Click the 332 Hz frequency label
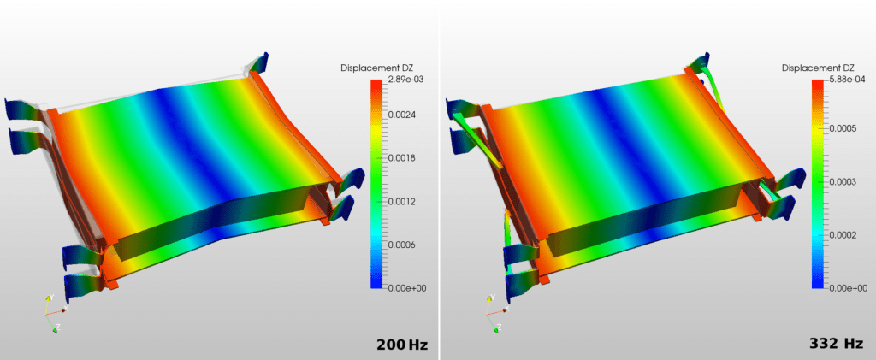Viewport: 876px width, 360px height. (836, 344)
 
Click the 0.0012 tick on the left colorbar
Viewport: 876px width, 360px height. (404, 202)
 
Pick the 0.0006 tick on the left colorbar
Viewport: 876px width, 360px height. (404, 245)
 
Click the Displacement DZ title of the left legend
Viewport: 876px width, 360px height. (376, 68)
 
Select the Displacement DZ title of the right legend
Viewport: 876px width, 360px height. (818, 68)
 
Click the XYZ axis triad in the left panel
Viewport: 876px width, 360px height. (52, 313)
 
